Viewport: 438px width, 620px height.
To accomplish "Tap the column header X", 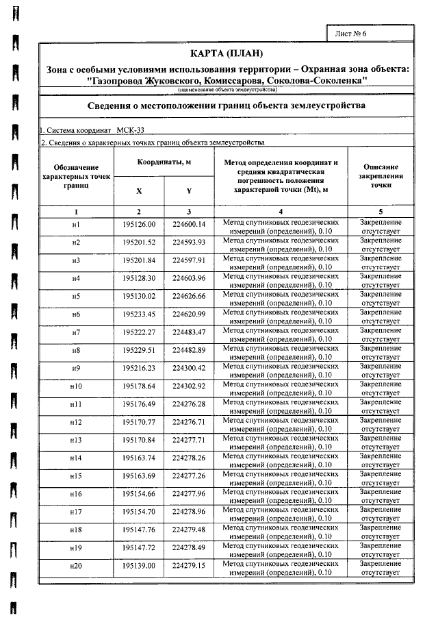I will click(139, 191).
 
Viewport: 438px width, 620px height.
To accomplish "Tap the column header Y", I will click(189, 191).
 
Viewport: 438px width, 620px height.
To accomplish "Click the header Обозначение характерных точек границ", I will click(76, 176).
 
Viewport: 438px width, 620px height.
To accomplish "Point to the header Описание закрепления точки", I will click(381, 176).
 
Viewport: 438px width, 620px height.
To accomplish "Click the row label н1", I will click(76, 225).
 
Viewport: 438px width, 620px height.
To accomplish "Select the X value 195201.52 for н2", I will click(139, 243).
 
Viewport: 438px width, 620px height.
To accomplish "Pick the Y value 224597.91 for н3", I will click(189, 260).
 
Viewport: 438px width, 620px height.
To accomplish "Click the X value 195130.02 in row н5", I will click(139, 296).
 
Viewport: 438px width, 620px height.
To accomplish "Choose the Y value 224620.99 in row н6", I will click(189, 314).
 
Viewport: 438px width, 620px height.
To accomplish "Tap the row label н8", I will click(76, 350).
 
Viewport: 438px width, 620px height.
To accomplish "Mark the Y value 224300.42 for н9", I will click(189, 368).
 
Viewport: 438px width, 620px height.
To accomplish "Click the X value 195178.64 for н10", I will click(139, 386).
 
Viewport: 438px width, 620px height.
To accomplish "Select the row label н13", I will click(76, 439).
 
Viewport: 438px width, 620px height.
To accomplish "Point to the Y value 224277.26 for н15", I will click(189, 475).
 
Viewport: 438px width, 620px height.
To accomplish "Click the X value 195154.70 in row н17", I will click(139, 511).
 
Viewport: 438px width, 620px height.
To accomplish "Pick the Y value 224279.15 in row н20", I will click(189, 565).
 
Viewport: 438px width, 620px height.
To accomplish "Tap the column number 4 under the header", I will click(281, 212).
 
